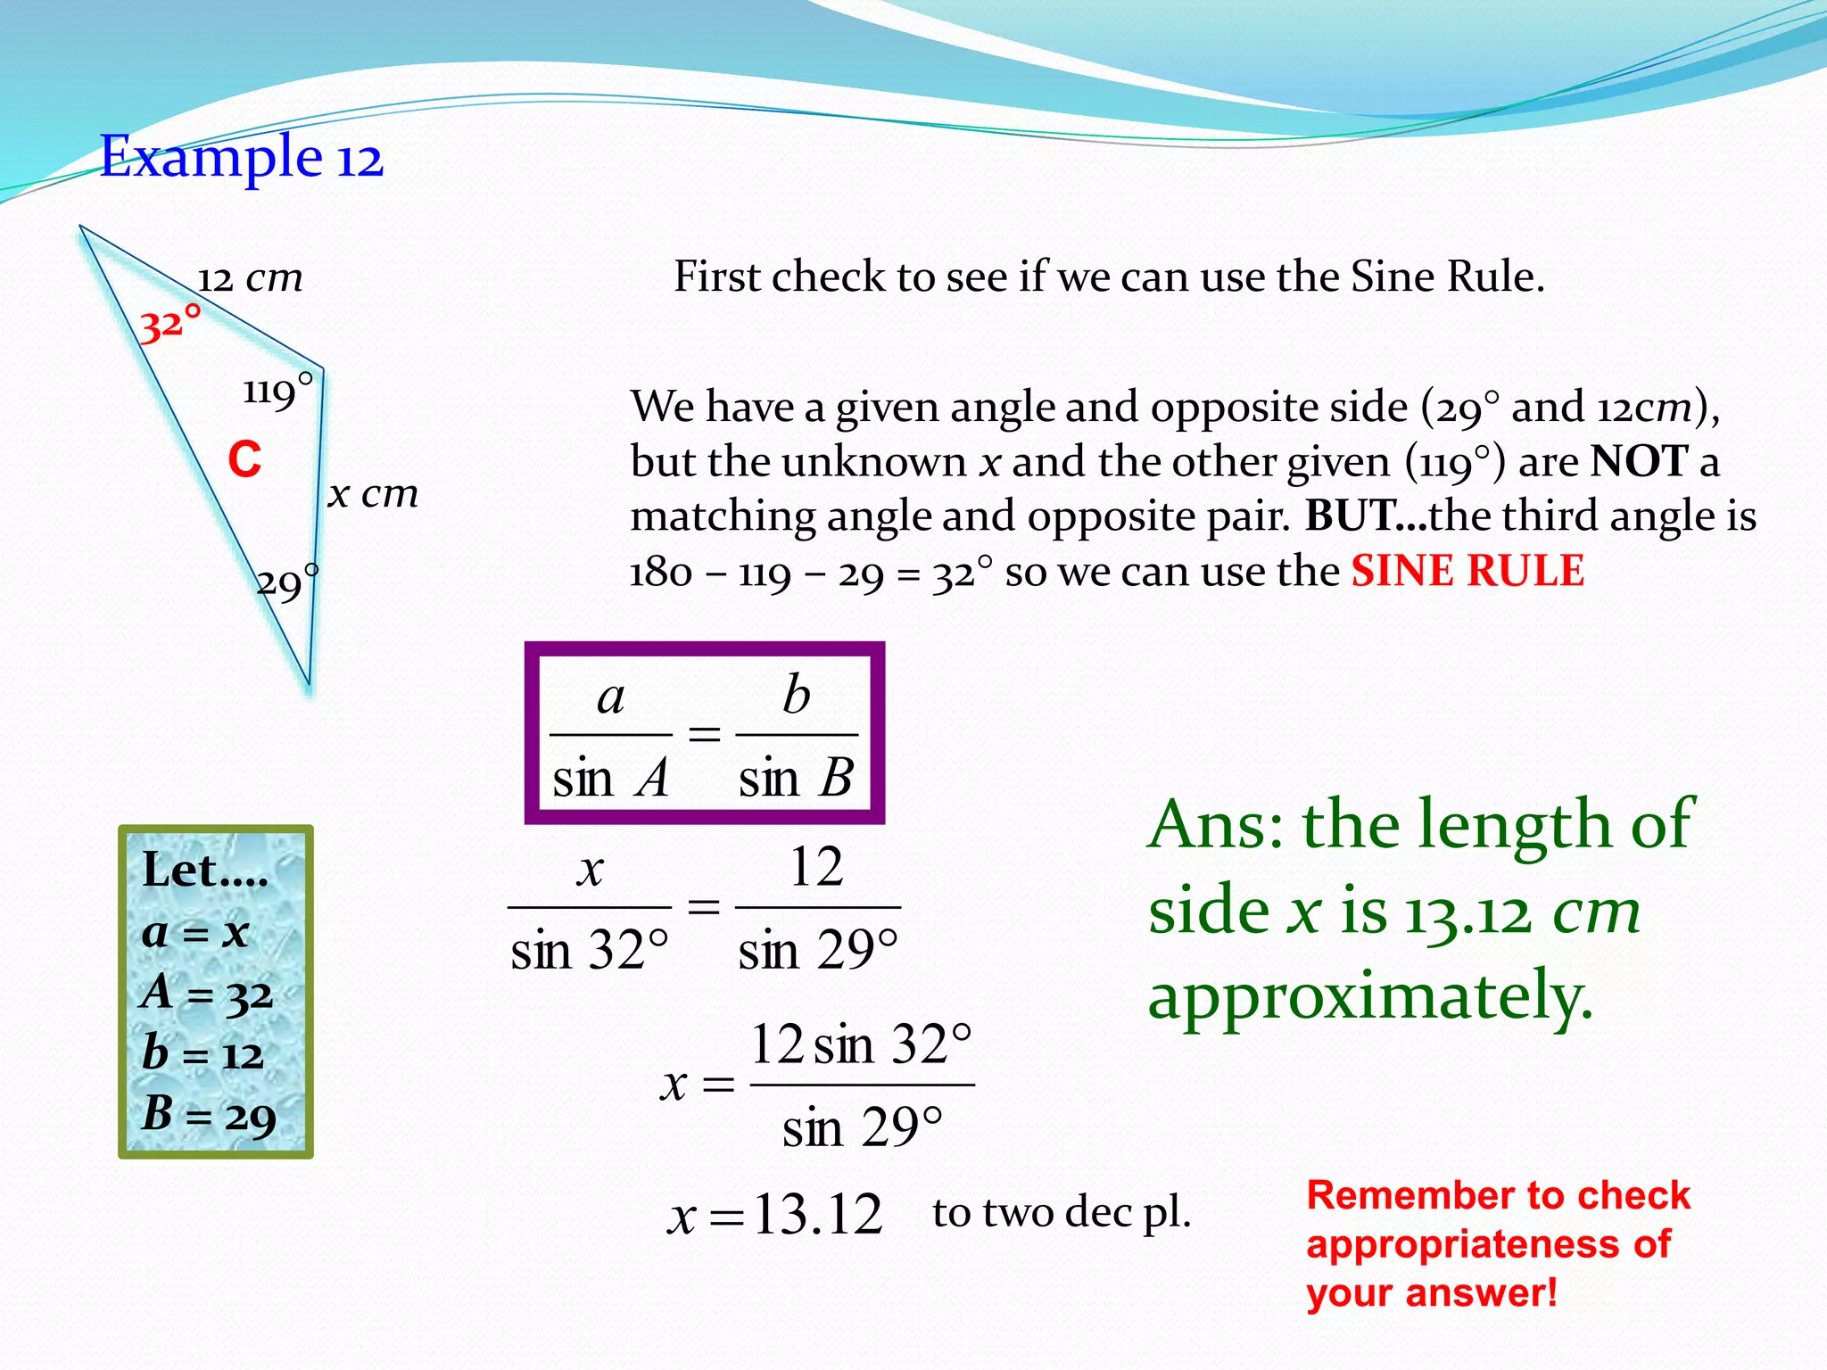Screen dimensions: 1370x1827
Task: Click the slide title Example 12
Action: pyautogui.click(x=241, y=158)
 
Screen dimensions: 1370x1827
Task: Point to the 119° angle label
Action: pyautogui.click(x=277, y=391)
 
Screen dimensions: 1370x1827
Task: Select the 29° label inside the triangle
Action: pyautogui.click(x=286, y=583)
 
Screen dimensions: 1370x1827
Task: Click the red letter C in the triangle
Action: pyautogui.click(x=244, y=460)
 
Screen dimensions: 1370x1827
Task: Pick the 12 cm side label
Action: pyautogui.click(x=250, y=279)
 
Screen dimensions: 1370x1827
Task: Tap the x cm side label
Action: pyautogui.click(x=373, y=493)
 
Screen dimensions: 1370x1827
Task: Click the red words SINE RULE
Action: pyautogui.click(x=1467, y=571)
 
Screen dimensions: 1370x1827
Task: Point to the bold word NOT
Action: pyautogui.click(x=1640, y=461)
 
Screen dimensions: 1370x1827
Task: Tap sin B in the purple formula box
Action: pyautogui.click(x=796, y=778)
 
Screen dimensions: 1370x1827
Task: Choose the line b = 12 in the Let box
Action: pyautogui.click(x=203, y=1054)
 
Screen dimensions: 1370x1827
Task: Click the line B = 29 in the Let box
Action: pyautogui.click(x=209, y=1115)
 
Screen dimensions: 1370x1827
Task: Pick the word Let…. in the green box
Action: pyautogui.click(x=205, y=871)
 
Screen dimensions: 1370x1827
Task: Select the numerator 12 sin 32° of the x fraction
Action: pyautogui.click(x=861, y=1044)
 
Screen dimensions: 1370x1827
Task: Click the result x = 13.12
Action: pyautogui.click(x=774, y=1215)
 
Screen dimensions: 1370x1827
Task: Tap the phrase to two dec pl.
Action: pyautogui.click(x=1062, y=1213)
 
